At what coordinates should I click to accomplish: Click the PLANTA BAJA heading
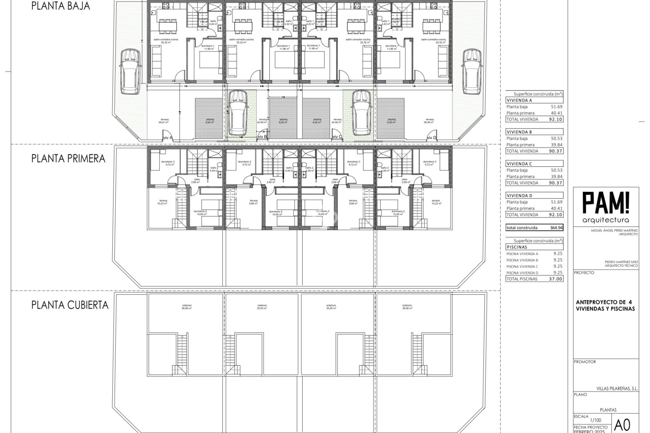pyautogui.click(x=61, y=6)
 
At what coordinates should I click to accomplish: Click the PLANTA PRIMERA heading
pyautogui.click(x=68, y=159)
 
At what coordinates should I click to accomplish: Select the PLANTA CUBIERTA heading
pyautogui.click(x=70, y=305)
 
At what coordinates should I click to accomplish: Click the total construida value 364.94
pyautogui.click(x=556, y=228)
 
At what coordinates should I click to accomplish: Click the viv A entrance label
pyautogui.click(x=168, y=138)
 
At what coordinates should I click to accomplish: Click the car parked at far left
pyautogui.click(x=130, y=71)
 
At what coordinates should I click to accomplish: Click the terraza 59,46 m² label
pyautogui.click(x=430, y=121)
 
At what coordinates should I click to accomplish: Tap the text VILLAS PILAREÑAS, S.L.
pyautogui.click(x=617, y=389)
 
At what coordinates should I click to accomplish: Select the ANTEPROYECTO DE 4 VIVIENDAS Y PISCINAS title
pyautogui.click(x=605, y=305)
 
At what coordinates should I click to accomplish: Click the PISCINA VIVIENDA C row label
pyautogui.click(x=522, y=267)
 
